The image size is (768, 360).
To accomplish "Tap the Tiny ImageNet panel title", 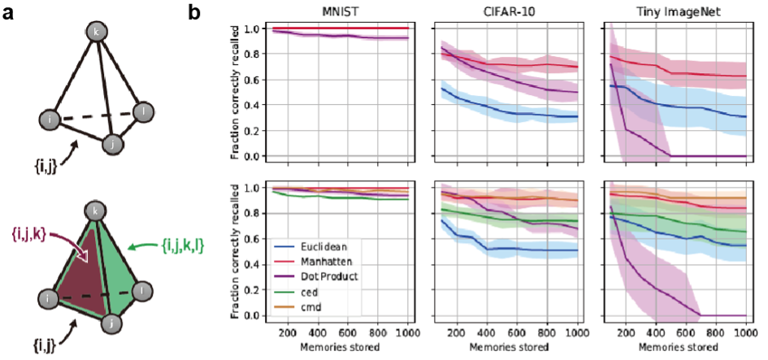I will coord(675,11).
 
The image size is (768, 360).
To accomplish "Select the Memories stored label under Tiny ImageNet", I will coord(675,347).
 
